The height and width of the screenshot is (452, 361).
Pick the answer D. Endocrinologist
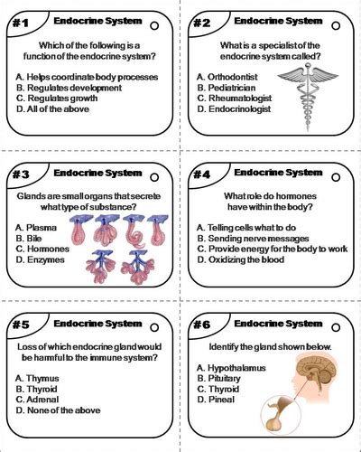[x=240, y=108]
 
